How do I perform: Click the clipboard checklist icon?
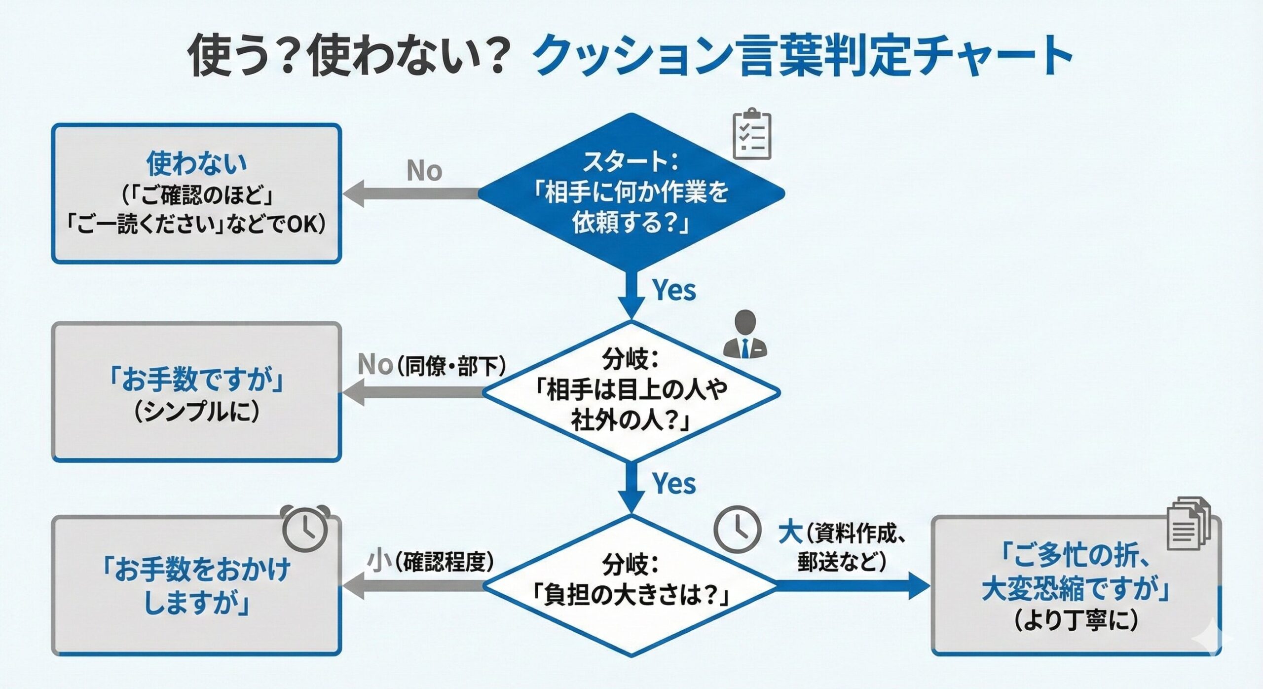click(752, 134)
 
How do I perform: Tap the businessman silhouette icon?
click(745, 335)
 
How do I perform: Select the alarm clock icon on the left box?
click(305, 528)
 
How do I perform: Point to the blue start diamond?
click(631, 192)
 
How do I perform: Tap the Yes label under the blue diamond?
click(674, 290)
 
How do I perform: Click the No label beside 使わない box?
click(424, 171)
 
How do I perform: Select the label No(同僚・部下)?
click(432, 365)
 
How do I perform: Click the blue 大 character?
click(790, 534)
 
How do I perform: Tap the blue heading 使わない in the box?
click(196, 163)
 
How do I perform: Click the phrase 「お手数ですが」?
click(196, 380)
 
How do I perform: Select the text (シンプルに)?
click(196, 411)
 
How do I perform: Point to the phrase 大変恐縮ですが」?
click(1076, 588)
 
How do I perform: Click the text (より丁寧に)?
click(1076, 620)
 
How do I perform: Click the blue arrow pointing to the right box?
click(854, 586)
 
